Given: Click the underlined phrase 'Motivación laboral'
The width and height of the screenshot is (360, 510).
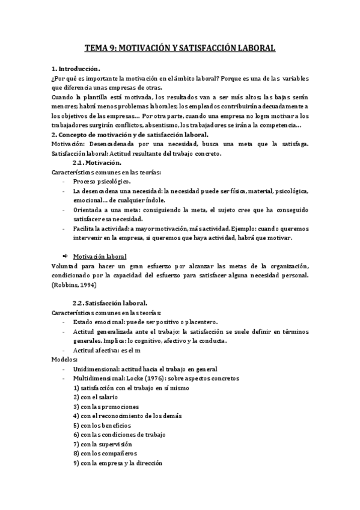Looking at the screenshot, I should click(104, 256).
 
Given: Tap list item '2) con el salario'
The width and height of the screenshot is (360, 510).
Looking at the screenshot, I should click(96, 397).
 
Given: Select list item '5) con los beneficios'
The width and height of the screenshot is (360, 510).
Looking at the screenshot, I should click(102, 425).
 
